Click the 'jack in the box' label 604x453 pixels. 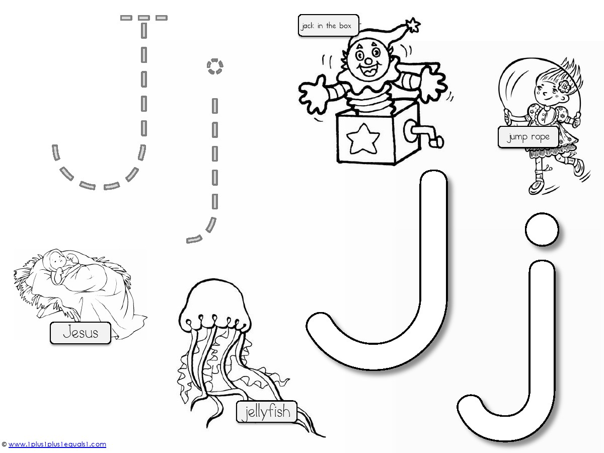pyautogui.click(x=328, y=25)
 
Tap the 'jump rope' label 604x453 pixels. pyautogui.click(x=528, y=137)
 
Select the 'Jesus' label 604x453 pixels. pyautogui.click(x=81, y=333)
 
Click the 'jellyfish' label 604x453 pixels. pyautogui.click(x=267, y=412)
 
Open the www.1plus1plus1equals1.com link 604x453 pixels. pyautogui.click(x=57, y=444)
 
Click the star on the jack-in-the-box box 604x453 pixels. pyautogui.click(x=363, y=138)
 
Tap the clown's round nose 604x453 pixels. pyautogui.click(x=368, y=61)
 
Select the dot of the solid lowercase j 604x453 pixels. pyautogui.click(x=542, y=229)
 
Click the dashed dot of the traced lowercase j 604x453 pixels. pyautogui.click(x=215, y=66)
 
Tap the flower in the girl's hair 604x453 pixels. pyautogui.click(x=564, y=87)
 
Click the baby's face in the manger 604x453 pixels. pyautogui.click(x=58, y=259)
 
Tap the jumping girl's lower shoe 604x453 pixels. pyautogui.click(x=537, y=187)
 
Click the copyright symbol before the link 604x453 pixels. pyautogui.click(x=4, y=444)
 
